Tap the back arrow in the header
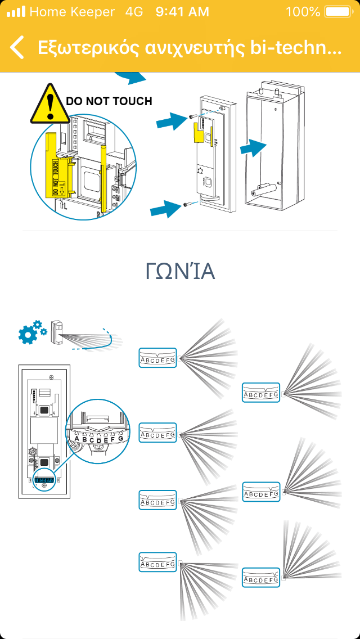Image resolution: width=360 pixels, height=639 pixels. click(17, 48)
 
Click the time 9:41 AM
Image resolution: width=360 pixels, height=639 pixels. click(182, 12)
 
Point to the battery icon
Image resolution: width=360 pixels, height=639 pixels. click(337, 12)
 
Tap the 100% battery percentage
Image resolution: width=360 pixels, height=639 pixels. click(303, 12)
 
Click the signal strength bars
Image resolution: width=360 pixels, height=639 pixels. click(16, 12)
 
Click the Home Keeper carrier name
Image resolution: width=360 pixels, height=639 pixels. click(72, 12)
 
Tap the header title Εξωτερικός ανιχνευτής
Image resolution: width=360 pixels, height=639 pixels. click(189, 48)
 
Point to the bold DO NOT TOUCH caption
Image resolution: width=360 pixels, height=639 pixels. click(109, 101)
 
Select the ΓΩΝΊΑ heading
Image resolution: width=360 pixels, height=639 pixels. click(180, 272)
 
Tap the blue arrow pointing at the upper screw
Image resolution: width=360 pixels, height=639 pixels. click(172, 119)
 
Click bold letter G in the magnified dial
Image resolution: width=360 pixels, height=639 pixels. click(120, 438)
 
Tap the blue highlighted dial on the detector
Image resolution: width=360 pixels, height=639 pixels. click(44, 481)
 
